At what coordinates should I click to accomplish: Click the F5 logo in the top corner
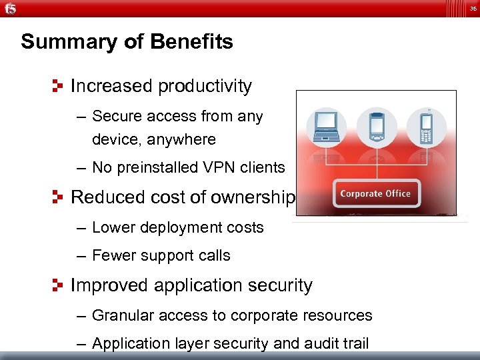click(x=10, y=9)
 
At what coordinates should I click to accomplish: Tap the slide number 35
click(x=471, y=9)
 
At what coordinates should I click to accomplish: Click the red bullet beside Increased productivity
click(x=58, y=86)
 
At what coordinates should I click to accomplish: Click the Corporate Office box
click(x=375, y=194)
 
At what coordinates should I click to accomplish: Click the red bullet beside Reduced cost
click(x=58, y=197)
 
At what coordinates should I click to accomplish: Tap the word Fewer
click(x=113, y=255)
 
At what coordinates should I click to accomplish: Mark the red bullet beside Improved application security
click(x=58, y=285)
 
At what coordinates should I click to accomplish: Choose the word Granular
click(x=122, y=315)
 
